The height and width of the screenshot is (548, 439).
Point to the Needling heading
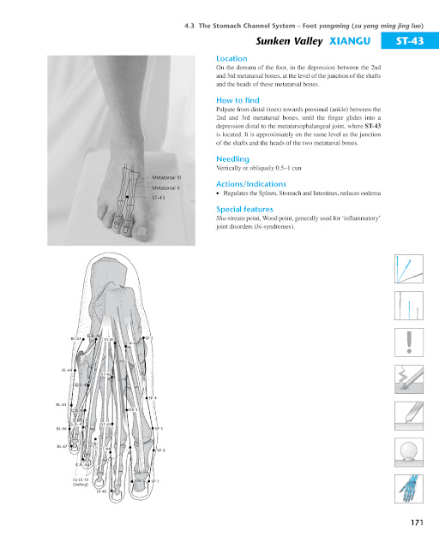click(x=233, y=158)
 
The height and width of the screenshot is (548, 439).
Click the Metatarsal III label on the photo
click(x=165, y=176)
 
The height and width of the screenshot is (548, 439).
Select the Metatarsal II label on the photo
click(x=165, y=187)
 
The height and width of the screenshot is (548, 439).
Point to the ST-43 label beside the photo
click(x=158, y=198)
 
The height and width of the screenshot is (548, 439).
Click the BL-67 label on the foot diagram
click(x=61, y=446)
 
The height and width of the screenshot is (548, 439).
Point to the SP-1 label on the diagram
click(x=155, y=481)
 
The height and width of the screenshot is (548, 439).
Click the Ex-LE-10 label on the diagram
click(x=80, y=480)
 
